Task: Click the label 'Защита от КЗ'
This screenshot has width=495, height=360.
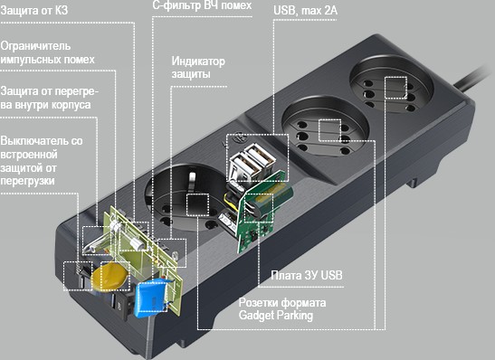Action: [34, 11]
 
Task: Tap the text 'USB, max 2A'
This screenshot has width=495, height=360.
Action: [305, 11]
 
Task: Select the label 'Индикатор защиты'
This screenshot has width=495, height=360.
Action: [198, 67]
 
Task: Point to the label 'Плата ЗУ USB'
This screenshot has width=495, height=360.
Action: [307, 275]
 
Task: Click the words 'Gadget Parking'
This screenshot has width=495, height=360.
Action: [276, 315]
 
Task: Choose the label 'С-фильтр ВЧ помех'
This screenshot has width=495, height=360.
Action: [202, 5]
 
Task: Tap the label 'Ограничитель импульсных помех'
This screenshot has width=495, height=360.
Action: [47, 52]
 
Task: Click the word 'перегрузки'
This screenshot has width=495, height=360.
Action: [27, 181]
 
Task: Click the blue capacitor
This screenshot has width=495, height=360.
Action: [151, 298]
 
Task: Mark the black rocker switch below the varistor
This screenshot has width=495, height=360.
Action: [121, 304]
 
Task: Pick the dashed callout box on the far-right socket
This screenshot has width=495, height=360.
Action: [395, 88]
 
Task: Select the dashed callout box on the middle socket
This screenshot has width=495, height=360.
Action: [329, 129]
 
